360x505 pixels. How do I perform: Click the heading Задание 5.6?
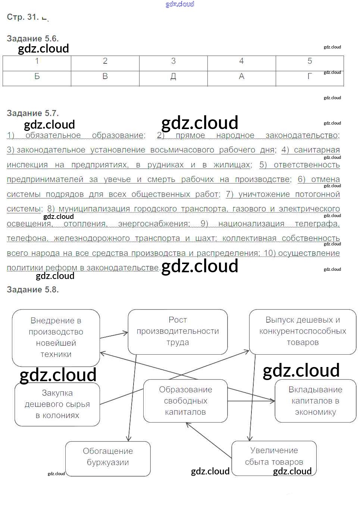pyautogui.click(x=33, y=38)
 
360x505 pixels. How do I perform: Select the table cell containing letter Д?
pyautogui.click(x=173, y=77)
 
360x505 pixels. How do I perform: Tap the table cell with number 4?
pyautogui.click(x=241, y=62)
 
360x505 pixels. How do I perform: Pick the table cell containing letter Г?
pyautogui.click(x=310, y=77)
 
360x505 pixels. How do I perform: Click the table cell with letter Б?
pyautogui.click(x=37, y=77)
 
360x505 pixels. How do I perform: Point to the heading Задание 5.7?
pyautogui.click(x=33, y=113)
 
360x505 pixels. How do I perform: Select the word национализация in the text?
pyautogui.click(x=251, y=224)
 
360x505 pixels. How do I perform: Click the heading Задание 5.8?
pyautogui.click(x=33, y=289)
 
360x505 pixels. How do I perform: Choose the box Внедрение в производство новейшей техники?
pyautogui.click(x=56, y=338)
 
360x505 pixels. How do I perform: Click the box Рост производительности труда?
pyautogui.click(x=178, y=331)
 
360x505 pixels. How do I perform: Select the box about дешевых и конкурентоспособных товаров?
pyautogui.click(x=303, y=331)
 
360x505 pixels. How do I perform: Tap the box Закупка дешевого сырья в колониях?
pyautogui.click(x=57, y=404)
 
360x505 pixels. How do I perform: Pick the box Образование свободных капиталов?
pyautogui.click(x=185, y=401)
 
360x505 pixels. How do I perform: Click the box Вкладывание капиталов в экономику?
pyautogui.click(x=315, y=401)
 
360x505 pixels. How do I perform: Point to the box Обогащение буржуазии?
pyautogui.click(x=108, y=457)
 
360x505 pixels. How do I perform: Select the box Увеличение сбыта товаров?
pyautogui.click(x=274, y=457)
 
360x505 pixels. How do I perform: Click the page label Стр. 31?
pyautogui.click(x=22, y=17)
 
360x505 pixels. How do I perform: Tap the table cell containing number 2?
pyautogui.click(x=105, y=62)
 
